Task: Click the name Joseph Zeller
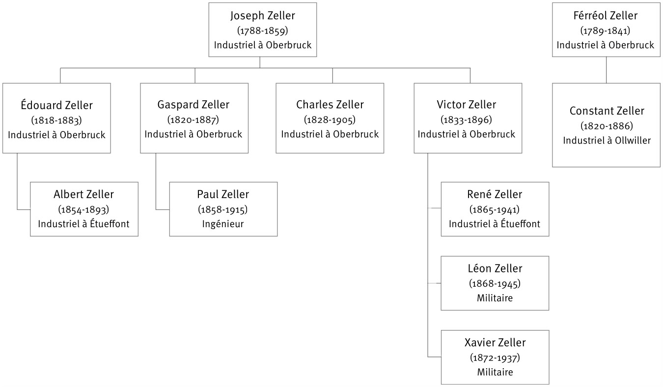point(262,16)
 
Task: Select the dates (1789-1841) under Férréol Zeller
point(605,30)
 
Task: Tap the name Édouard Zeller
point(56,105)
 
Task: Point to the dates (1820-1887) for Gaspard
point(193,119)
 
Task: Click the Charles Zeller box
point(330,118)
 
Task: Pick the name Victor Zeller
point(466,105)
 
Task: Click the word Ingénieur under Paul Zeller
point(222,224)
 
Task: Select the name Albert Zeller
point(83,194)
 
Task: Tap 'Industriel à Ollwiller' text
point(607,140)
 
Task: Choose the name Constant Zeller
point(607,111)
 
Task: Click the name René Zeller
point(494,194)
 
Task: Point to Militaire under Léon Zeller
point(495,298)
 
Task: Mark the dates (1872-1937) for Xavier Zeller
point(495,357)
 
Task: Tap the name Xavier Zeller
point(495,343)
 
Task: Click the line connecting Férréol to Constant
point(606,70)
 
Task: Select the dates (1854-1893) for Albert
point(83,209)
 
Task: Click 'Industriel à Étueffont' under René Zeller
point(495,224)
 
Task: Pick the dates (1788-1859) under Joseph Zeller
point(262,30)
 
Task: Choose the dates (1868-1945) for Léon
point(495,283)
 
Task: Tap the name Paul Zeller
point(222,194)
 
